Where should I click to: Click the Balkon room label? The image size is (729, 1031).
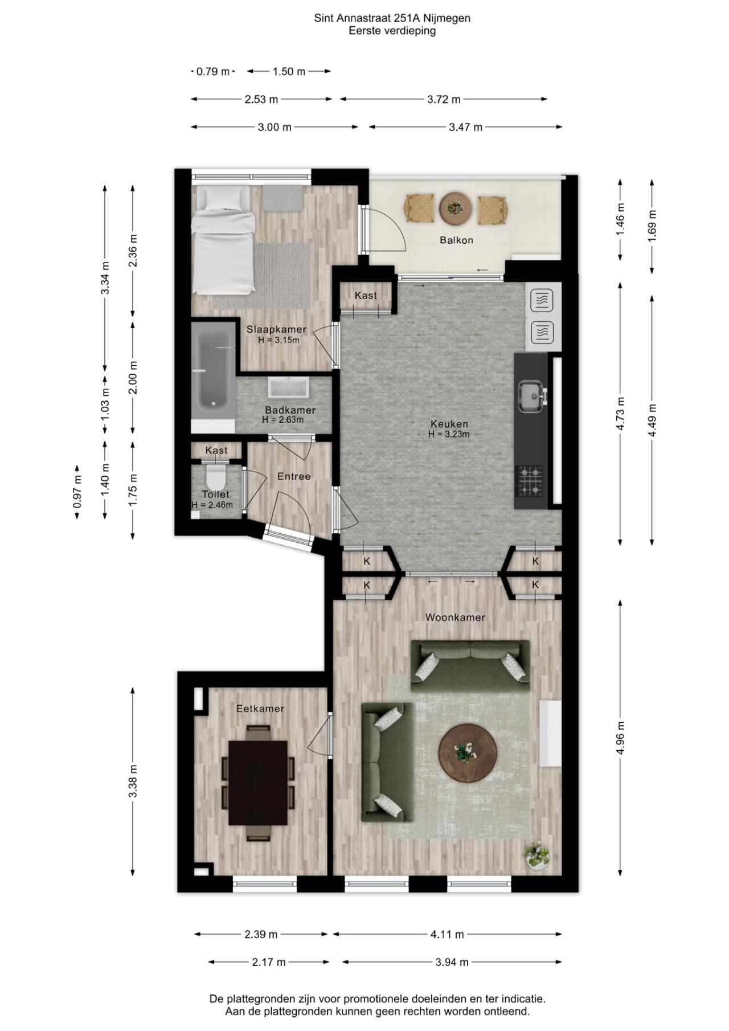pos(456,240)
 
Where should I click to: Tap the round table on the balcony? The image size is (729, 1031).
pos(456,208)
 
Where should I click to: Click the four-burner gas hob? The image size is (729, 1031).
pos(529,480)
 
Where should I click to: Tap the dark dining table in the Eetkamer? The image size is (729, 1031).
pos(258,783)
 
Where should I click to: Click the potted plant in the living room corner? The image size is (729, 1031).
pos(536,855)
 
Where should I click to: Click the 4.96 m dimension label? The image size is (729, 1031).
pos(621,737)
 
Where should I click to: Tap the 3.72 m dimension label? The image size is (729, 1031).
pos(444,99)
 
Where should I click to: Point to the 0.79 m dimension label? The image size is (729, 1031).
pos(213,71)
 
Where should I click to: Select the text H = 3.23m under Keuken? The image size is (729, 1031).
pos(449,434)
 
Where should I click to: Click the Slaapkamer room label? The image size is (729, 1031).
pos(276,329)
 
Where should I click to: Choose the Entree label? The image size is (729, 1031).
pos(294,476)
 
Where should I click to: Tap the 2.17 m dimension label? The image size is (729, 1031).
pos(269,962)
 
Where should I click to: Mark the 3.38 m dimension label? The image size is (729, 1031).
pos(133,782)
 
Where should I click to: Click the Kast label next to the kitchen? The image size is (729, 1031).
pos(366,295)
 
